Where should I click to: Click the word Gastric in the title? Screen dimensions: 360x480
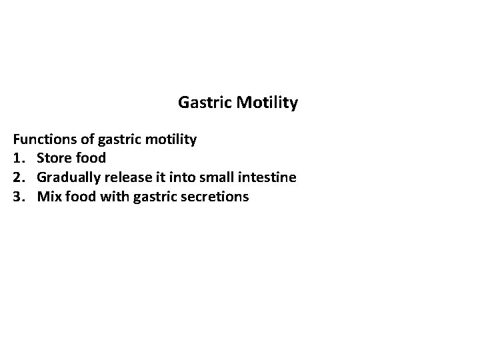tap(202, 103)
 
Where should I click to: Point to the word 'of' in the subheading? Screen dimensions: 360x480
tap(87, 139)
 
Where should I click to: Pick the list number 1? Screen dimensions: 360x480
tap(18, 159)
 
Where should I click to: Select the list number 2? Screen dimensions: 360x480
tap(18, 177)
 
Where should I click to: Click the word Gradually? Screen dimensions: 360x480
tap(68, 178)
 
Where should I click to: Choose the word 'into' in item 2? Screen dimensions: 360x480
tap(179, 177)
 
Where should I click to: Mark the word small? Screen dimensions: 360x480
tap(215, 177)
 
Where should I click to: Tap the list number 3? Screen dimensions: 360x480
tap(18, 197)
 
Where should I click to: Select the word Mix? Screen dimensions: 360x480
tap(49, 197)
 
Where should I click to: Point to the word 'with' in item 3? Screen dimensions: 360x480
tap(114, 197)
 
